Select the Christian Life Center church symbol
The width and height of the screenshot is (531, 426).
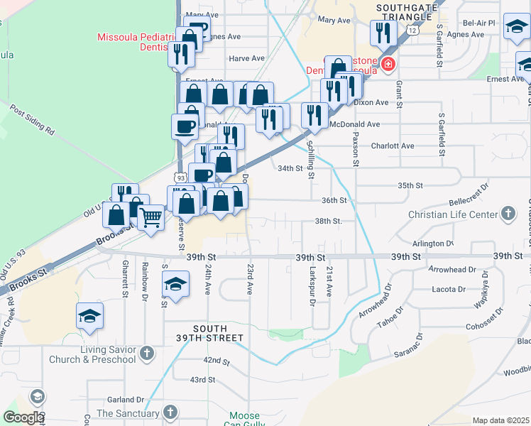coord(508,213)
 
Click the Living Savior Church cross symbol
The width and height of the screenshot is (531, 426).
coord(146,353)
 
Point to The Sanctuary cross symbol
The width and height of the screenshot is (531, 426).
coord(170,413)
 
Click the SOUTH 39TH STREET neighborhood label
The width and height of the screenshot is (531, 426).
coord(206,333)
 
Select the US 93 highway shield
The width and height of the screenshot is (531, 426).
coord(180,177)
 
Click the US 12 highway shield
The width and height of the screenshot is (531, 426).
coord(412,30)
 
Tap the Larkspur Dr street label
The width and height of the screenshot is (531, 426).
coord(312,288)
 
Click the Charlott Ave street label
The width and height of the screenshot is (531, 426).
coord(392,146)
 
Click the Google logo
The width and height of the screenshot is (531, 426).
coord(23,417)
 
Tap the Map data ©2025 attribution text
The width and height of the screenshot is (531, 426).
coord(500,420)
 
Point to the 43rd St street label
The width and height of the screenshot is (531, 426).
coord(202,380)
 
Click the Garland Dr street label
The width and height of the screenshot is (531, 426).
coord(126,400)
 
